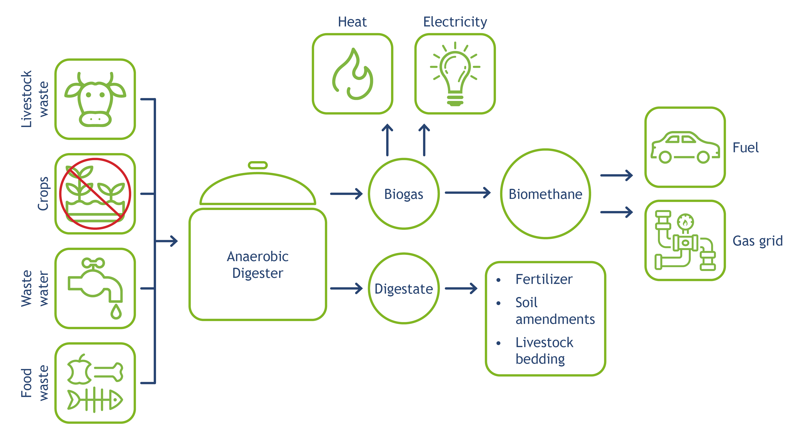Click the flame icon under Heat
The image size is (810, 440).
[352, 74]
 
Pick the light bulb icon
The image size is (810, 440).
[455, 74]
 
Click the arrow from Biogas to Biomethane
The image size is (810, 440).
[468, 193]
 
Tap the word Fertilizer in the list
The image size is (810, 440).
[544, 279]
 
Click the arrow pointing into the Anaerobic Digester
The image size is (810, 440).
[167, 241]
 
